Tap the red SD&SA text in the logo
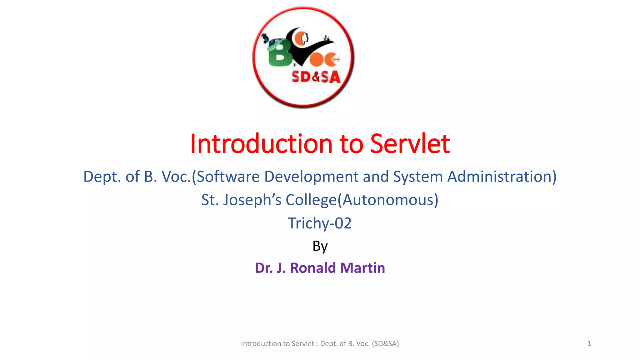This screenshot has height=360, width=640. point(316,77)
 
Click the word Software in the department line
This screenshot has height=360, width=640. point(228,177)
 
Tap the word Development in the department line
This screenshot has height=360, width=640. point(311,177)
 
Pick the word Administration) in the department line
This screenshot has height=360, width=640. point(502,177)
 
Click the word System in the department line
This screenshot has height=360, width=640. point(418,177)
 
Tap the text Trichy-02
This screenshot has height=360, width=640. point(320,223)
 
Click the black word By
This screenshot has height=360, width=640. point(320,246)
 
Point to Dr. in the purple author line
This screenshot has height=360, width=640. point(263,268)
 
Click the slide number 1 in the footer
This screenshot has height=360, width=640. point(589,344)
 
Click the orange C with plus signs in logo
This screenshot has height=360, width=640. point(332,60)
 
